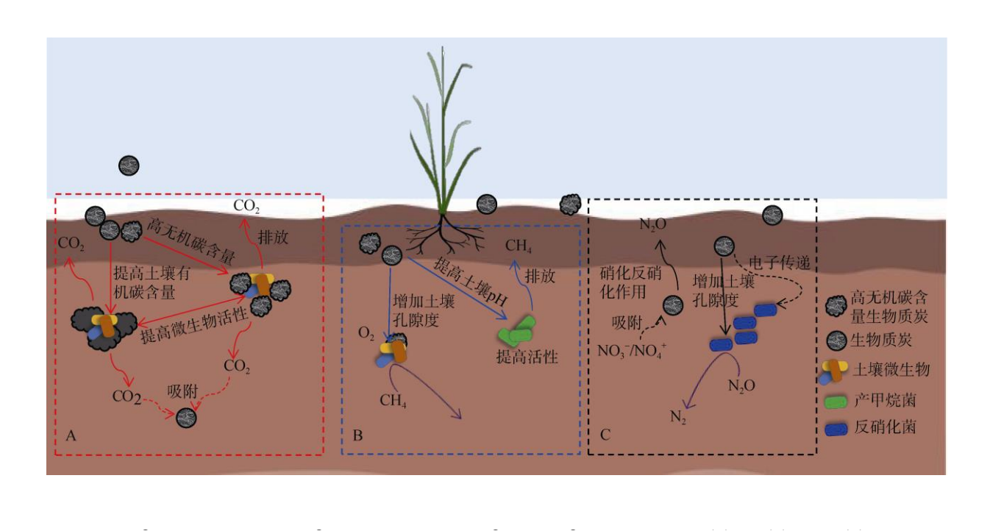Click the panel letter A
coord(71,436)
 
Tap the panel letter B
coord(357,436)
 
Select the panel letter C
coord(605,435)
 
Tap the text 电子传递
coord(779,262)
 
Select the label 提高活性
coord(527,357)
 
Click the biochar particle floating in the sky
coord(129,165)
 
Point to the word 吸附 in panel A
coord(181,391)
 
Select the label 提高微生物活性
coord(203,323)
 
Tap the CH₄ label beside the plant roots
coord(519,245)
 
